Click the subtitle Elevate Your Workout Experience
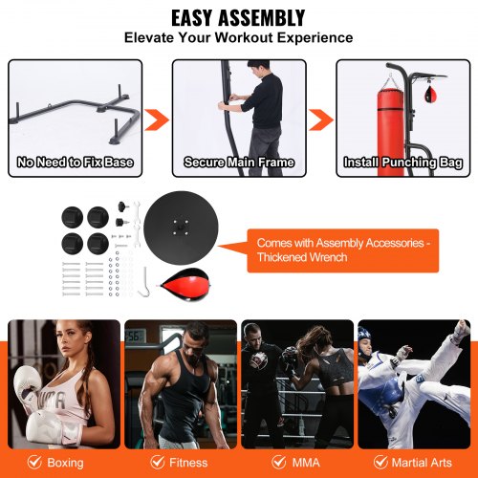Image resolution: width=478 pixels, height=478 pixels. tap(238, 38)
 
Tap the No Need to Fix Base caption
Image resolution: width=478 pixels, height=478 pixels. tap(75, 162)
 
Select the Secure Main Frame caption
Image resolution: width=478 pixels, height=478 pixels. tap(238, 162)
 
